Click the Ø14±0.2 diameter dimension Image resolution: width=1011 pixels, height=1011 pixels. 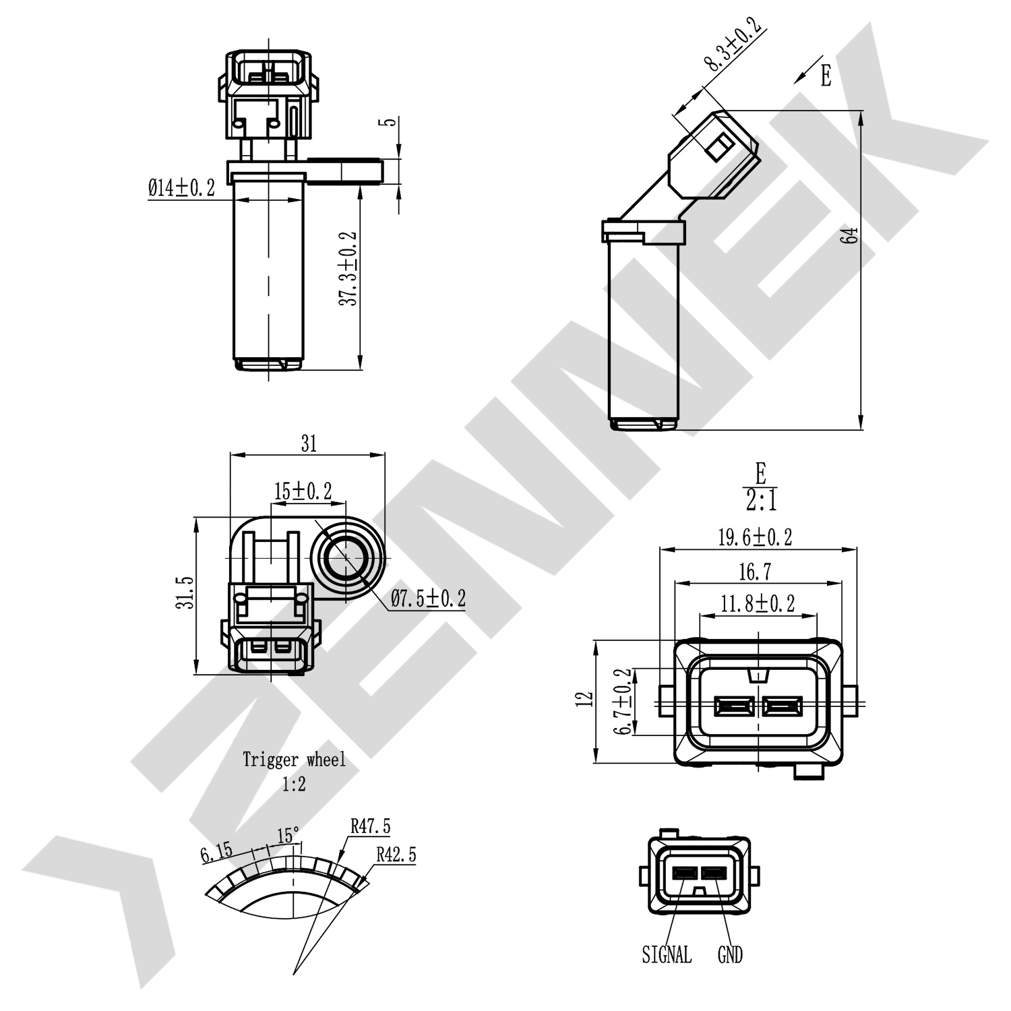181,188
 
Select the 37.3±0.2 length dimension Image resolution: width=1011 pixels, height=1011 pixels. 348,269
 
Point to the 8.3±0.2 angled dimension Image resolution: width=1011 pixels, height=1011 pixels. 733,44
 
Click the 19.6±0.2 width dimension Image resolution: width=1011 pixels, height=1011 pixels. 755,537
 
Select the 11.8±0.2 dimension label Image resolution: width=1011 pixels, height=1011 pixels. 758,603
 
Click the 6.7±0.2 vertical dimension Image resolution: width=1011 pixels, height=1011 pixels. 626,701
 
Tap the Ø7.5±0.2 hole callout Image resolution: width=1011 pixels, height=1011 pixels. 429,598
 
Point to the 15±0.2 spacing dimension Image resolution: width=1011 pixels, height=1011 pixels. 303,491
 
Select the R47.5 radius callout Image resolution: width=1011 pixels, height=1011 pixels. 370,826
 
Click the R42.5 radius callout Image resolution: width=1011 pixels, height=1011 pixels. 396,855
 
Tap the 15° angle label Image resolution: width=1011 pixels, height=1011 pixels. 288,836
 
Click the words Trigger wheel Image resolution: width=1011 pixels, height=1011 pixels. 294,760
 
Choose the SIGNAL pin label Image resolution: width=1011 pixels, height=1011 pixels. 666,954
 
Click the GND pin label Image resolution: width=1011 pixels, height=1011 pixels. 730,954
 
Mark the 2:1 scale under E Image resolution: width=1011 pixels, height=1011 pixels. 760,501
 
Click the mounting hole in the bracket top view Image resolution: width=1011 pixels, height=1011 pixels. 346,558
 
